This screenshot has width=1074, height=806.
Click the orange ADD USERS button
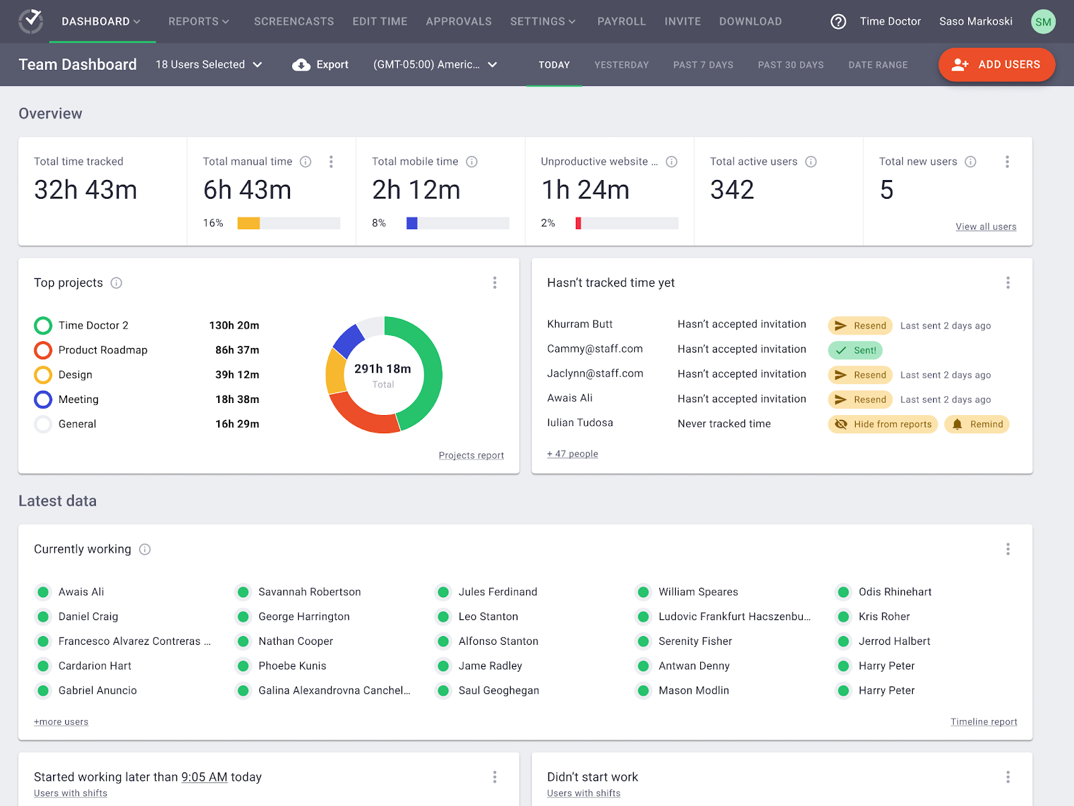996,64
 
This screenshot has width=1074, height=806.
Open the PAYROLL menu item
621,21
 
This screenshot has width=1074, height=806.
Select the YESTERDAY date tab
621,65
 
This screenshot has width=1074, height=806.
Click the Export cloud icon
301,64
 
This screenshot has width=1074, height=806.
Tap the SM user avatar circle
1042,21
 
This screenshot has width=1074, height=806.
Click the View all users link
985,227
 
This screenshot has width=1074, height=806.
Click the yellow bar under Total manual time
248,223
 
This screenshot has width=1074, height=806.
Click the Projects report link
471,455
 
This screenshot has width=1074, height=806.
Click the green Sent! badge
855,350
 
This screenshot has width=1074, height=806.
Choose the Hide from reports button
883,424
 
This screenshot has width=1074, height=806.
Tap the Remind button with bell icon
977,424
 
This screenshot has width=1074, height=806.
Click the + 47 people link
572,454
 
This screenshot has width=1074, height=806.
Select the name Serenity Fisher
695,641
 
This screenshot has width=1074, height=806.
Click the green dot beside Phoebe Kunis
243,666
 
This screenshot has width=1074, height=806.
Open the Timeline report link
983,722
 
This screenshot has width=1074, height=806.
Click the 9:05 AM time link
204,777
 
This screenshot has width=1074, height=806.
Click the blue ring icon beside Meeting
43,400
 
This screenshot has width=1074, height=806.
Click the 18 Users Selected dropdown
209,64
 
